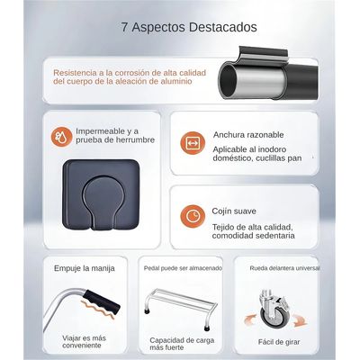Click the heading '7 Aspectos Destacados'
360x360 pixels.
(x=188, y=27)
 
